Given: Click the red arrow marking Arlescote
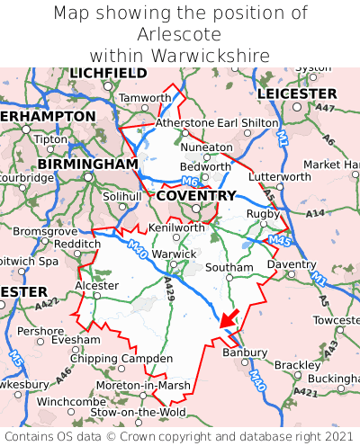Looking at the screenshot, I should click(228, 318).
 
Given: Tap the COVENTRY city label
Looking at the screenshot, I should click(196, 196).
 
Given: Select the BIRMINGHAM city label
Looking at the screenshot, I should click(88, 165).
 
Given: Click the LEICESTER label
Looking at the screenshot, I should click(297, 94).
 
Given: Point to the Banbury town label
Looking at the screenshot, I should click(244, 352).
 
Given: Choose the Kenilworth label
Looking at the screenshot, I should click(176, 227).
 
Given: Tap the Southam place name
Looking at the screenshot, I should click(229, 267).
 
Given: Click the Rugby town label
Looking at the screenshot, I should click(263, 213).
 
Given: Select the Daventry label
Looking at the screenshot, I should click(292, 264).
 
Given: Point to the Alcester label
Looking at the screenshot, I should click(96, 285).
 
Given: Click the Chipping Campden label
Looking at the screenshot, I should click(109, 360).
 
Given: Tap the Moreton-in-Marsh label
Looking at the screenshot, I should click(143, 385).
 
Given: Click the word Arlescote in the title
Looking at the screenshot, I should click(180, 34).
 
